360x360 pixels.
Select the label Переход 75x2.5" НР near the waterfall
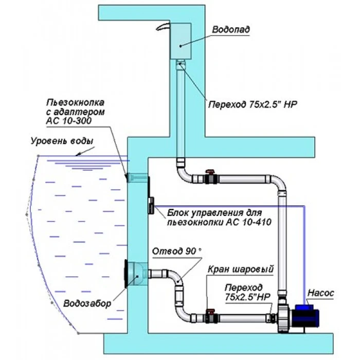[253, 104]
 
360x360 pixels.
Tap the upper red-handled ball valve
[210, 177]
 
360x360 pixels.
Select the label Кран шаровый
[240, 269]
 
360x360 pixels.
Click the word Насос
[321, 293]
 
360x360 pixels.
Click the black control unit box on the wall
[151, 204]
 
